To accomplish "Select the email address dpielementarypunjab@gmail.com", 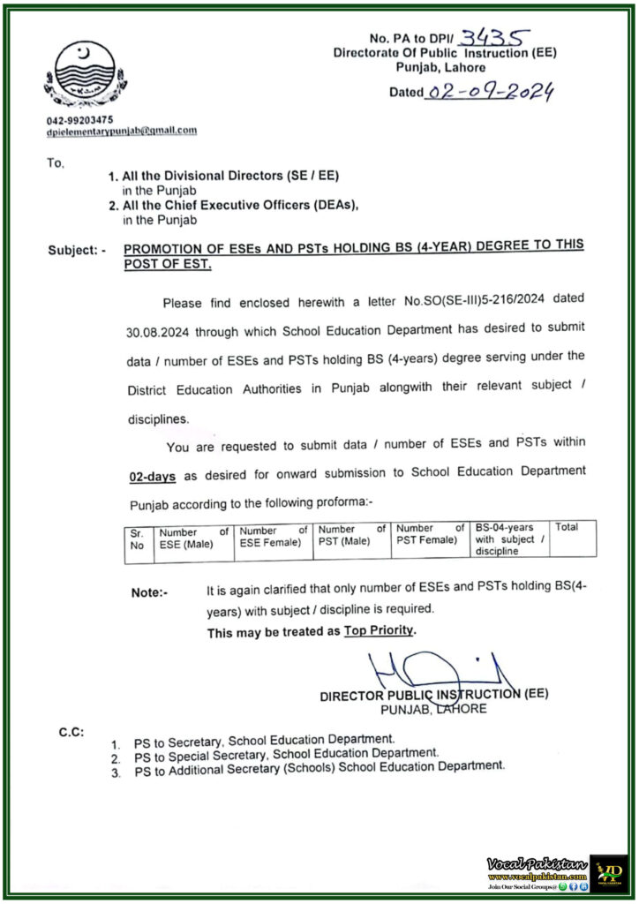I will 122,130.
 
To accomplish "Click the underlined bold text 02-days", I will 152,475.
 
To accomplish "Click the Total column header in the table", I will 567,527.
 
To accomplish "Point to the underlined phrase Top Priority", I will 380,631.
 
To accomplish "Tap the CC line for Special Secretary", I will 285,755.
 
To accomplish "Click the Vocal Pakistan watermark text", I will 536,863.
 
